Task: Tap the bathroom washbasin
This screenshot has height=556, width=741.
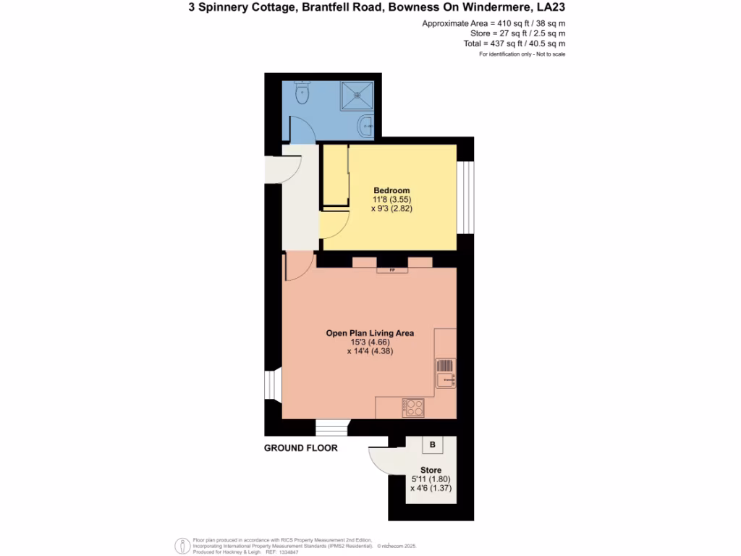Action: click(x=367, y=126)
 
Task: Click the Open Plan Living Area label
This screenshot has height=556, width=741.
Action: click(x=370, y=333)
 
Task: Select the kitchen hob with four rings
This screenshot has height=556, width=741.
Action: click(x=413, y=408)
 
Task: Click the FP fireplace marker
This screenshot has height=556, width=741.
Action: click(x=391, y=270)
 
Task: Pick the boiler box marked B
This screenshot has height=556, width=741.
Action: click(x=432, y=445)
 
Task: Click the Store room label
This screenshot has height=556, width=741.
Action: click(x=431, y=470)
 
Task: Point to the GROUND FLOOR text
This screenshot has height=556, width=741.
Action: click(x=300, y=448)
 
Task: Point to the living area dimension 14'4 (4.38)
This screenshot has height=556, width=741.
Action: click(x=370, y=351)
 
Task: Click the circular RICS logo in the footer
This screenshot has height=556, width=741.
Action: click(x=182, y=544)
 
